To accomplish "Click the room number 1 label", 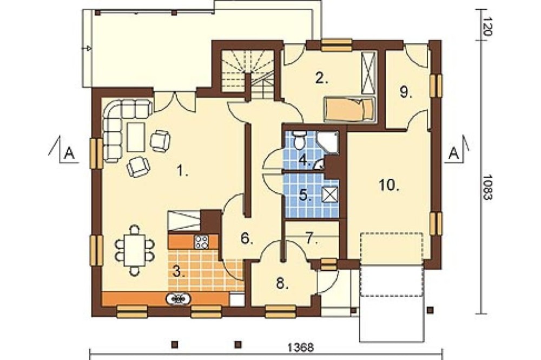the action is pyautogui.click(x=182, y=171).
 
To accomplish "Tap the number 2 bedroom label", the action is pyautogui.click(x=321, y=78).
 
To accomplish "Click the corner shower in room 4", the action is pyautogui.click(x=328, y=142).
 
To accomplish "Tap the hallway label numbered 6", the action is pyautogui.click(x=247, y=238).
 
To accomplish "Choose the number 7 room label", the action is pyautogui.click(x=313, y=239).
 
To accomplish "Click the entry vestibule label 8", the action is pyautogui.click(x=282, y=284).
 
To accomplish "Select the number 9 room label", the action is pyautogui.click(x=406, y=92).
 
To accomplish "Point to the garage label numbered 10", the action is pyautogui.click(x=389, y=185).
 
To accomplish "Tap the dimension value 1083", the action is pyautogui.click(x=487, y=187).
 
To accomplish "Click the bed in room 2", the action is pyautogui.click(x=349, y=109).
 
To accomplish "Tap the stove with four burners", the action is pyautogui.click(x=201, y=242).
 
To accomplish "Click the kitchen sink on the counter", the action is pyautogui.click(x=179, y=298).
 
